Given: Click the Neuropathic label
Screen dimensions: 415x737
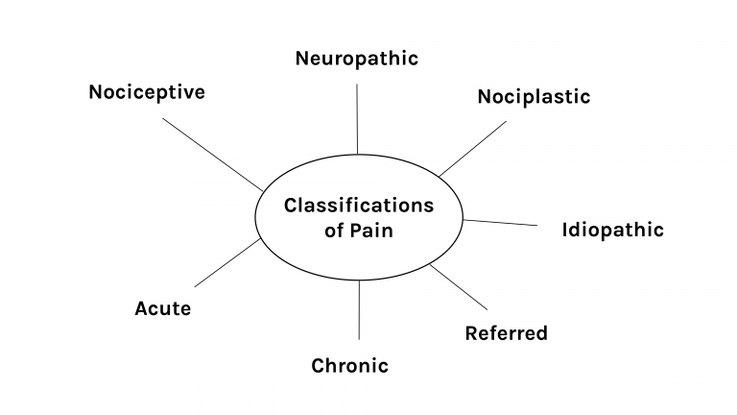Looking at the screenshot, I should [x=357, y=59].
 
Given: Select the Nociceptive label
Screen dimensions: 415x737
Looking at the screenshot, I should [x=147, y=92].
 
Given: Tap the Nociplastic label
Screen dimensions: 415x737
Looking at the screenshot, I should [x=534, y=97].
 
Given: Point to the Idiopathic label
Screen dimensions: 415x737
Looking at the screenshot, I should [x=612, y=230].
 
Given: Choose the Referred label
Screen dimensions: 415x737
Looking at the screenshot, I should [x=506, y=333].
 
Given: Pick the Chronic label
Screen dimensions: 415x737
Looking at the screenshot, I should [x=349, y=366].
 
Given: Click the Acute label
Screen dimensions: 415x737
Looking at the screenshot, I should [x=162, y=308].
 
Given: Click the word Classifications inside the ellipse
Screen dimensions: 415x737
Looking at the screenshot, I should [x=358, y=206].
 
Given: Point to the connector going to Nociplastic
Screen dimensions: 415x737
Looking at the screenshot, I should [x=472, y=148].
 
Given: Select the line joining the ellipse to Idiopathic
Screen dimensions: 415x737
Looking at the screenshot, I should [x=501, y=223].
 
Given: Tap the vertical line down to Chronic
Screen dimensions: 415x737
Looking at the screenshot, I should [x=359, y=309].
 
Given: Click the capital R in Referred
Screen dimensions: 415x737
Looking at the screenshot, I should [x=471, y=333].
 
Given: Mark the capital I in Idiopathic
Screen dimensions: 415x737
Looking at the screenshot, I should [x=564, y=230].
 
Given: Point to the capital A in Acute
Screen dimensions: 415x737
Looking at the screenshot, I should [x=141, y=308].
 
